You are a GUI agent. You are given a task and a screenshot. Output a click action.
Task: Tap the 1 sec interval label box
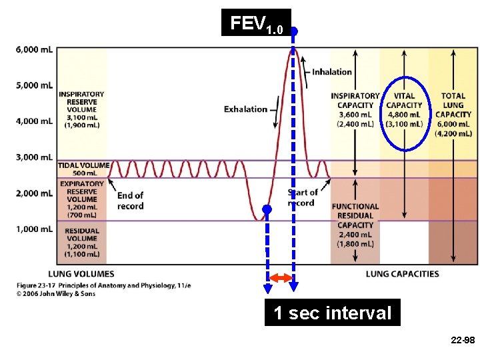(333, 313)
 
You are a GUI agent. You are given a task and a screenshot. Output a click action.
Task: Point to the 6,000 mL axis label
(34, 50)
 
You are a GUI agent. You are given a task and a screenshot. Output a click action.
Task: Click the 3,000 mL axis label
(34, 157)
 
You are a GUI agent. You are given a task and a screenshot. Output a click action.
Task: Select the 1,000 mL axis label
(34, 229)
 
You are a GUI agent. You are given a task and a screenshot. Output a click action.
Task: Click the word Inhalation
(331, 72)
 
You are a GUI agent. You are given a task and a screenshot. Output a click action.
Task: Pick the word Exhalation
(245, 109)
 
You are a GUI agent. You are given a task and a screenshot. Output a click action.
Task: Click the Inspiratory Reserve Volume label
(81, 109)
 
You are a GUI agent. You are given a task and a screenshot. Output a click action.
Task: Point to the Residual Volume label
(82, 242)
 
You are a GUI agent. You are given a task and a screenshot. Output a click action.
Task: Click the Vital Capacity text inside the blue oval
(404, 110)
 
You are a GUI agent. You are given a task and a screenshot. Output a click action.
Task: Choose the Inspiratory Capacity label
(355, 110)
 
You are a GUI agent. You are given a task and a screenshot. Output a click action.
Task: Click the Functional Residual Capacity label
(355, 225)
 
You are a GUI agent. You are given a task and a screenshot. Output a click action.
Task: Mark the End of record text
(130, 200)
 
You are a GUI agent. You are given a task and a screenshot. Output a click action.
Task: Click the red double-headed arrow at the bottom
(281, 277)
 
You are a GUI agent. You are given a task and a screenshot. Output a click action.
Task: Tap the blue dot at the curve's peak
(293, 31)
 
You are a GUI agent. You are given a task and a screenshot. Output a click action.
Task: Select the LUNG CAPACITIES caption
(402, 273)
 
